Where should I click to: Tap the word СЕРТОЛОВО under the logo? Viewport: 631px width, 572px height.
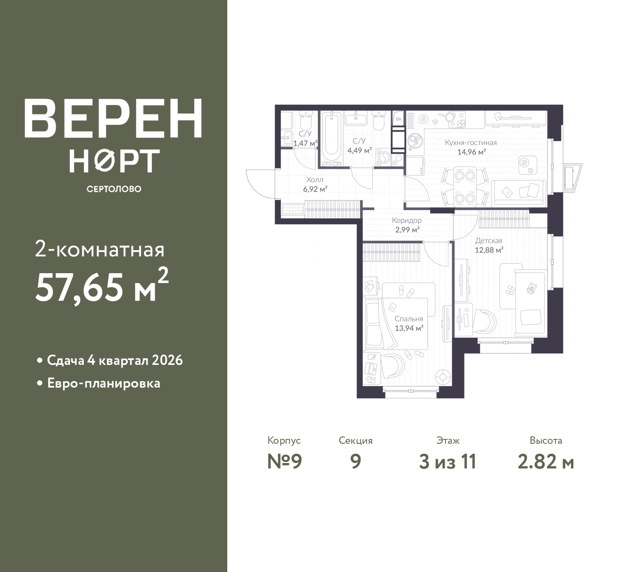[114, 189]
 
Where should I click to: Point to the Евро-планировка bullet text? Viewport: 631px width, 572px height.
[104, 384]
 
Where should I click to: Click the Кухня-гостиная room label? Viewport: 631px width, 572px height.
[471, 143]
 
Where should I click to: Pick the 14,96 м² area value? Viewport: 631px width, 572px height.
[471, 152]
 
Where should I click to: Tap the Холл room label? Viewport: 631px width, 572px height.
[315, 180]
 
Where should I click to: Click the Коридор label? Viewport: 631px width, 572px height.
[407, 220]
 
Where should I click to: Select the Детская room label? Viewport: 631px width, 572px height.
[489, 241]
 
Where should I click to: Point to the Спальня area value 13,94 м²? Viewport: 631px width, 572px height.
[409, 328]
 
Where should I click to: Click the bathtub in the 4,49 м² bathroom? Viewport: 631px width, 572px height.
[331, 139]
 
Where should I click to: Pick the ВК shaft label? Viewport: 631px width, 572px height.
[399, 119]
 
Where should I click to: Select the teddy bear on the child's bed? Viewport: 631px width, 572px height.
[531, 288]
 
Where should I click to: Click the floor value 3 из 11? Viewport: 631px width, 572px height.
[448, 462]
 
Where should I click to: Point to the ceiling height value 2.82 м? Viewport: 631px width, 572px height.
[546, 462]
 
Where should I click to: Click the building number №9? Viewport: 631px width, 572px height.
[284, 462]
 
